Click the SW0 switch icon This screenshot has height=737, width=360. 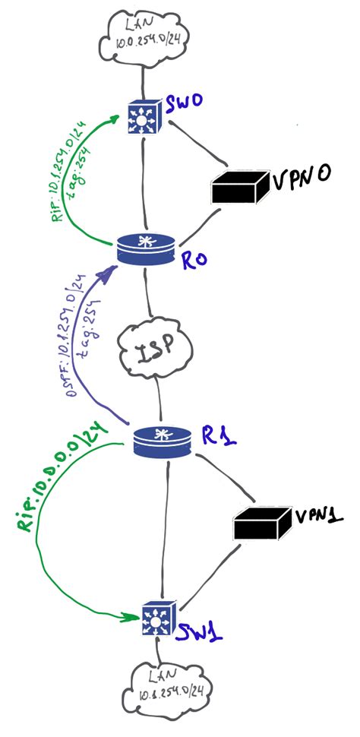(143, 117)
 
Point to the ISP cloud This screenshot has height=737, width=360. (156, 351)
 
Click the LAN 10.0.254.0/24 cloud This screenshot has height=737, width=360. (144, 37)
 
